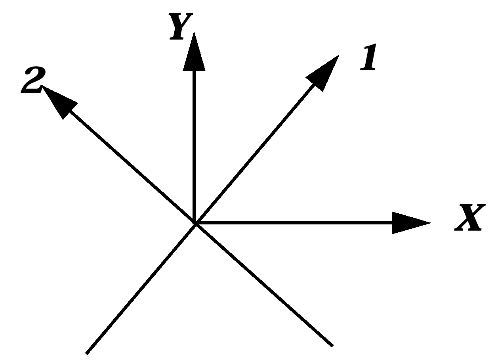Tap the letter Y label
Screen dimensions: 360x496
pyautogui.click(x=181, y=26)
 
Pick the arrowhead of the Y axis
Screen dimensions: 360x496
pyautogui.click(x=194, y=54)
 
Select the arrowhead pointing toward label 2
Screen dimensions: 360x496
pyautogui.click(x=59, y=101)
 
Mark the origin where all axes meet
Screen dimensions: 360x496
pyautogui.click(x=195, y=223)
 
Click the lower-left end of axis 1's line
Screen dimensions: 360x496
pyautogui.click(x=87, y=352)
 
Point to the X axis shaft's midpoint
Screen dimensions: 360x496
pyautogui.click(x=293, y=223)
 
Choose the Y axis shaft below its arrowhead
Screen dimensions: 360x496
pyautogui.click(x=194, y=147)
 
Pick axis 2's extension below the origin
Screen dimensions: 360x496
pyautogui.click(x=263, y=285)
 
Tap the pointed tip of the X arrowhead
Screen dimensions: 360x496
pyautogui.click(x=430, y=223)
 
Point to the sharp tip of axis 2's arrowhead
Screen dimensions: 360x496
pyautogui.click(x=42, y=86)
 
